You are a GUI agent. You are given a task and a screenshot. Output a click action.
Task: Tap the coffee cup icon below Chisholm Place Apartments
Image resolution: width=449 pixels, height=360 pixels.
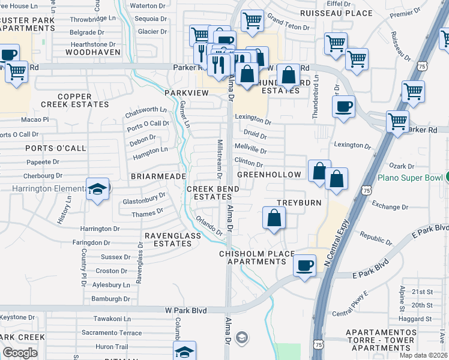305,265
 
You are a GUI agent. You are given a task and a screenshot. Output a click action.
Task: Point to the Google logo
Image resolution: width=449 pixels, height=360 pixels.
20,353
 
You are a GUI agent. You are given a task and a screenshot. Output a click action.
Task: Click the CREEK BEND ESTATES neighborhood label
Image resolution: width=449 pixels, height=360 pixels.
213,193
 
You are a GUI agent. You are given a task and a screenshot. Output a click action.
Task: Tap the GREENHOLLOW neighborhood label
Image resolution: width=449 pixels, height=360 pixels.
269,175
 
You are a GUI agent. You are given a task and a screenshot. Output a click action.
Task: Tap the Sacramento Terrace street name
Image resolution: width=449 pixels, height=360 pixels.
112,332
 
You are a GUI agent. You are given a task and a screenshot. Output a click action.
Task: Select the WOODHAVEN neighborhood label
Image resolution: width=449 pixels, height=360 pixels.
93,53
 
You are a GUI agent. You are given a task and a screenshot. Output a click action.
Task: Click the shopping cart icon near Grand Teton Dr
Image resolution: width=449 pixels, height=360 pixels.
252,20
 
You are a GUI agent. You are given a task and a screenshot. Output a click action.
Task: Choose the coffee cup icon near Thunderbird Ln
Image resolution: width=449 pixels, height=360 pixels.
343,107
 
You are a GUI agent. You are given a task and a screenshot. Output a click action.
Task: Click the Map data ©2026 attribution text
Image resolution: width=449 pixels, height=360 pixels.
423,355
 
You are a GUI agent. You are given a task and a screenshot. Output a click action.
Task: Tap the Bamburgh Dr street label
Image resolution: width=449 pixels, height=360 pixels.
110,298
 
